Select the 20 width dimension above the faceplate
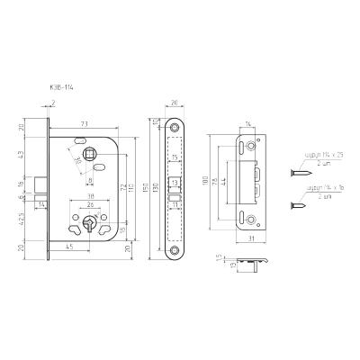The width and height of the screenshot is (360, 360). tap(174, 103)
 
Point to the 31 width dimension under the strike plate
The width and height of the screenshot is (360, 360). tap(249, 238)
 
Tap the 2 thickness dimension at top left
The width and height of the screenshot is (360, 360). tap(53, 104)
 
